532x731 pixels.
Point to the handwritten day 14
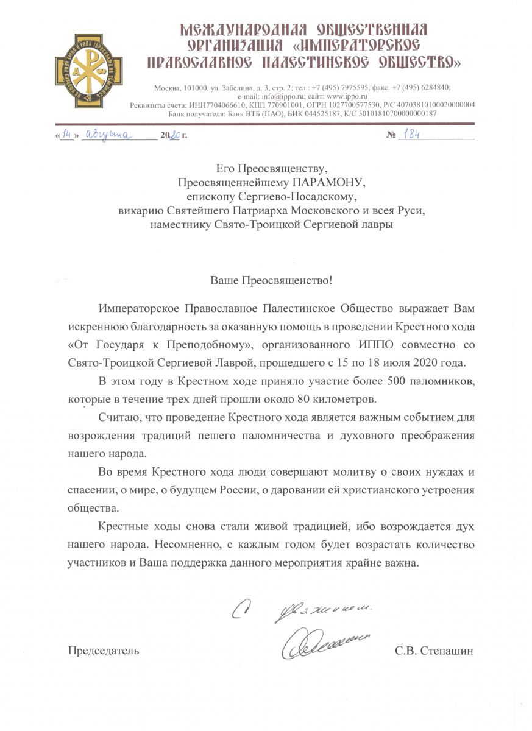pyautogui.click(x=67, y=135)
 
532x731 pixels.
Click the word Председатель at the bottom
pyautogui.click(x=103, y=651)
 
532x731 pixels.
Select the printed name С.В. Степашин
pyautogui.click(x=434, y=651)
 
